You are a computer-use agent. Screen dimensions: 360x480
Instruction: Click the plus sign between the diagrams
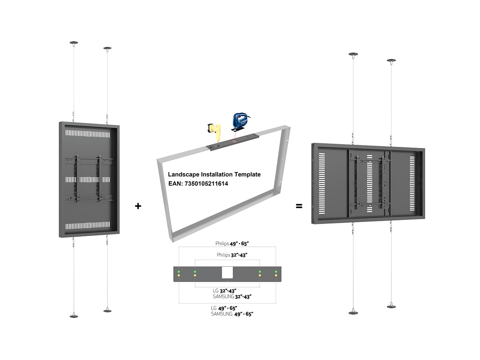[x=138, y=206]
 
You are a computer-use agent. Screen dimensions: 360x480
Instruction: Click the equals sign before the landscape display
[x=299, y=206]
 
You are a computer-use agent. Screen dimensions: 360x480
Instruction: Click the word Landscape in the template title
[x=183, y=174]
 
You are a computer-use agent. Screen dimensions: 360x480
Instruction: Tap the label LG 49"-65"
[x=224, y=308]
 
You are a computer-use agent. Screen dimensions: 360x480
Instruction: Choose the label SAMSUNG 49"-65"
[x=232, y=314]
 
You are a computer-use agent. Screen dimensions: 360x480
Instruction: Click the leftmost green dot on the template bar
[x=179, y=272]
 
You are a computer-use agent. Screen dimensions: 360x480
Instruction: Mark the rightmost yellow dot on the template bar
[x=276, y=276]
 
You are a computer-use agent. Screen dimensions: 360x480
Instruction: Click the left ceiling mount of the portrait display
[x=74, y=42]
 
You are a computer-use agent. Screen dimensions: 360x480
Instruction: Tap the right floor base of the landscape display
[x=392, y=306]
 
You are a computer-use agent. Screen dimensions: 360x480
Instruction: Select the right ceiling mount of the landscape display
[x=392, y=61]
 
